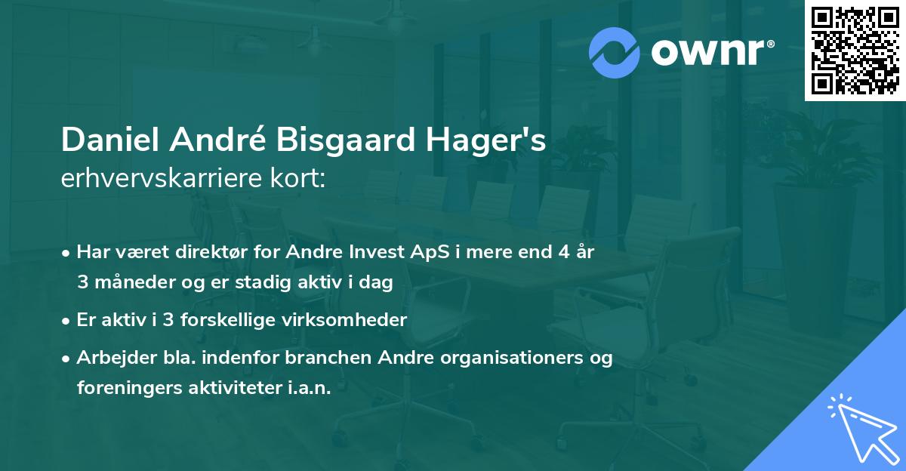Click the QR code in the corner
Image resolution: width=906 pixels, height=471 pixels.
(x=855, y=51)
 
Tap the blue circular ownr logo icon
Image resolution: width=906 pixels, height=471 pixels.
(x=615, y=53)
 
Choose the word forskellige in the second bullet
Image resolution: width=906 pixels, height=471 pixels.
(x=223, y=319)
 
